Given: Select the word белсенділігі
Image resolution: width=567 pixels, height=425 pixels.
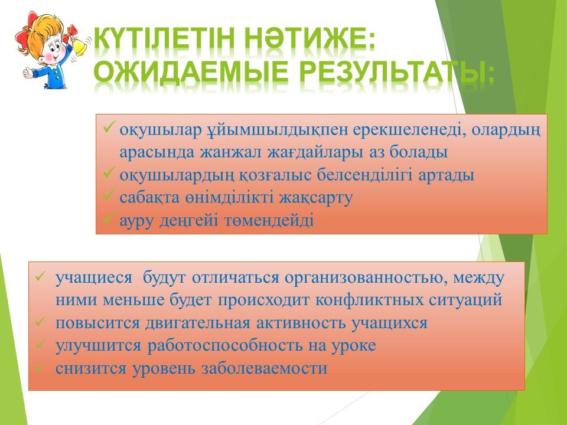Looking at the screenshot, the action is [x=364, y=175].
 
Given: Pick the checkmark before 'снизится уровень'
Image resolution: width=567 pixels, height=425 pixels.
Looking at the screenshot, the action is [x=40, y=368].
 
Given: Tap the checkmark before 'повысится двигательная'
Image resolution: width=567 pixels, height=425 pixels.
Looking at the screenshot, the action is [x=40, y=322].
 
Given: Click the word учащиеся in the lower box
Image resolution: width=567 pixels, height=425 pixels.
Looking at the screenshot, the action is [x=94, y=278].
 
